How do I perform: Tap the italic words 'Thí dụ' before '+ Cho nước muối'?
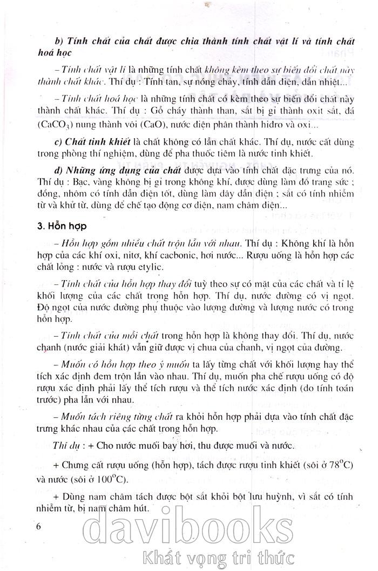coord(71,445)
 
